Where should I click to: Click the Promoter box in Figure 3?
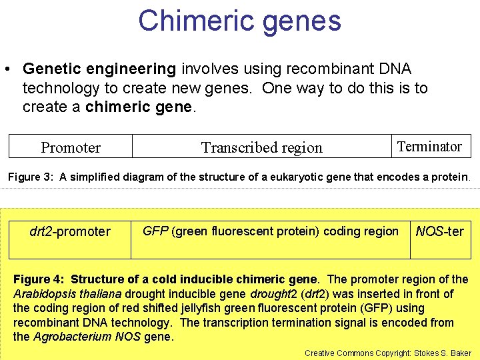point(71,147)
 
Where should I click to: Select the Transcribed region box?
point(261,147)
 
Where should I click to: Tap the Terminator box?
point(429,146)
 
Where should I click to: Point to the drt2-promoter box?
point(70,232)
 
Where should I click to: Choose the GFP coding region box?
point(271,231)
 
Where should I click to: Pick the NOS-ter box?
point(439,232)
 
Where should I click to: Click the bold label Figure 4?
point(40,279)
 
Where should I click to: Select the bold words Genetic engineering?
point(99,69)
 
